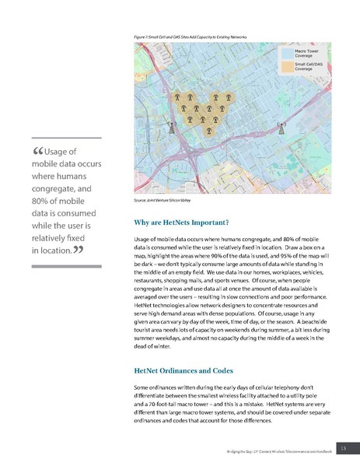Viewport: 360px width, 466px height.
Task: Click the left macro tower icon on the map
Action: coord(173,123)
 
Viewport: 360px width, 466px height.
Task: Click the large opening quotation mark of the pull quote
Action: coord(39,151)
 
